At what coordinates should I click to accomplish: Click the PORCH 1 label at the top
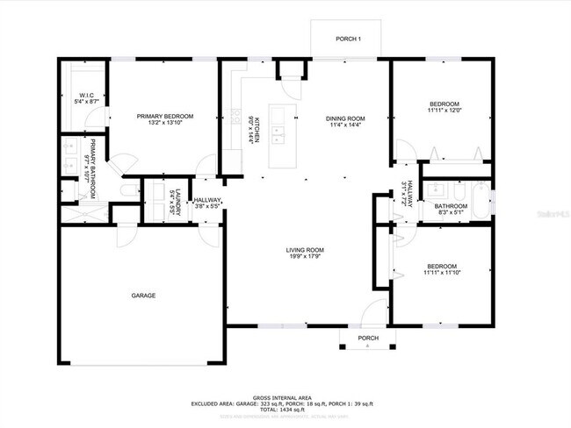pyautogui.click(x=349, y=39)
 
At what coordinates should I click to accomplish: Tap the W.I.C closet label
pyautogui.click(x=87, y=95)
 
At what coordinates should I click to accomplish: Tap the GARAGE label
pyautogui.click(x=144, y=296)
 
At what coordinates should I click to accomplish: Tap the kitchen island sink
pyautogui.click(x=278, y=134)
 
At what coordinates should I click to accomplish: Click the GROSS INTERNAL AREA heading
pyautogui.click(x=283, y=397)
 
